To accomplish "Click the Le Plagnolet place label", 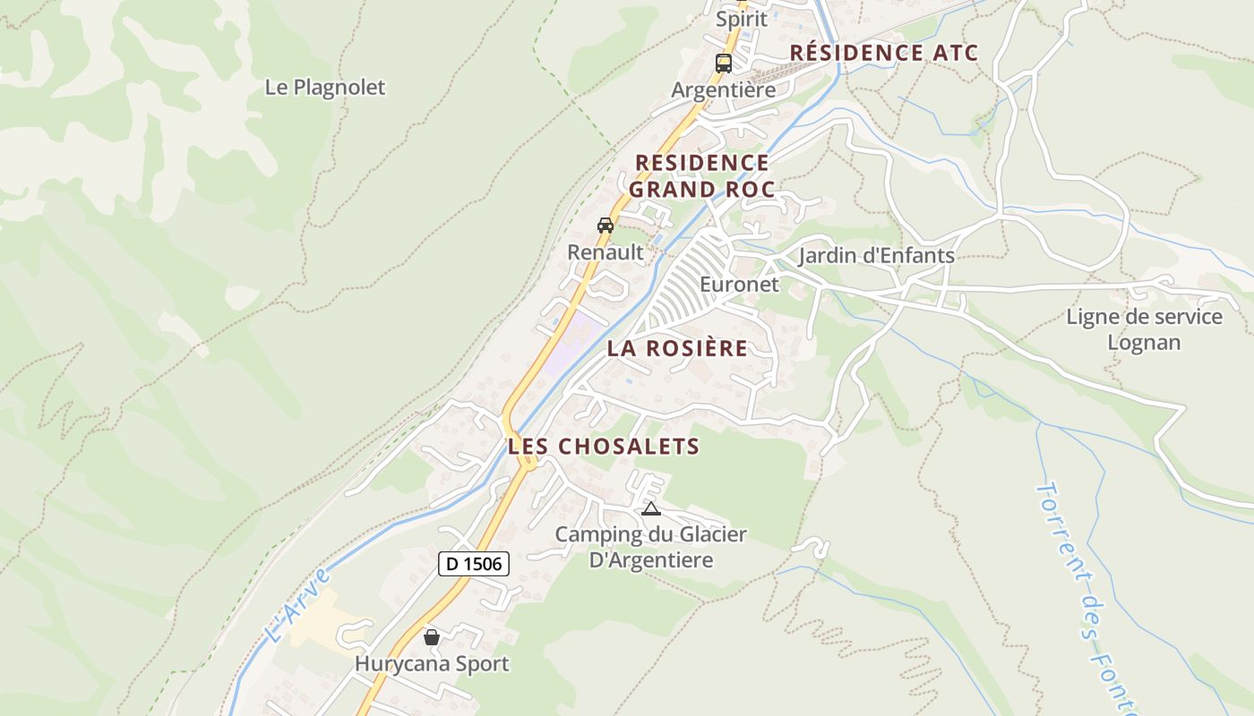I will [x=325, y=88].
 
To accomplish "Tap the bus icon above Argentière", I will [x=723, y=64].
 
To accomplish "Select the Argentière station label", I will [x=723, y=90].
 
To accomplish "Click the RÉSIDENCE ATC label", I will [x=883, y=53].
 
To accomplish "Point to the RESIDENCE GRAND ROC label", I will [x=701, y=175].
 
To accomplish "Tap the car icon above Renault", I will [x=606, y=225].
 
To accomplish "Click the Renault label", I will [x=606, y=252].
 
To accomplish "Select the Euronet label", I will [x=739, y=285].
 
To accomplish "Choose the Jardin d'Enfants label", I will [x=876, y=256].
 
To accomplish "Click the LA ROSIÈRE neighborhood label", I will [x=677, y=348].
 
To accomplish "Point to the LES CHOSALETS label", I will [x=604, y=446].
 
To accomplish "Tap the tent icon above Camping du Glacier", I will [x=651, y=509].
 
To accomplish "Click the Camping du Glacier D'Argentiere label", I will [x=650, y=547].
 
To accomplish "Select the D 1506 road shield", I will [x=474, y=564].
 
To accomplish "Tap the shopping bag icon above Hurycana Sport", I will [x=432, y=637].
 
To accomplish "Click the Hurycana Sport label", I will [x=432, y=664].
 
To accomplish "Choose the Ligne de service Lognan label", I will [x=1144, y=329].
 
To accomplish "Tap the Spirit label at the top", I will [x=742, y=18].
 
